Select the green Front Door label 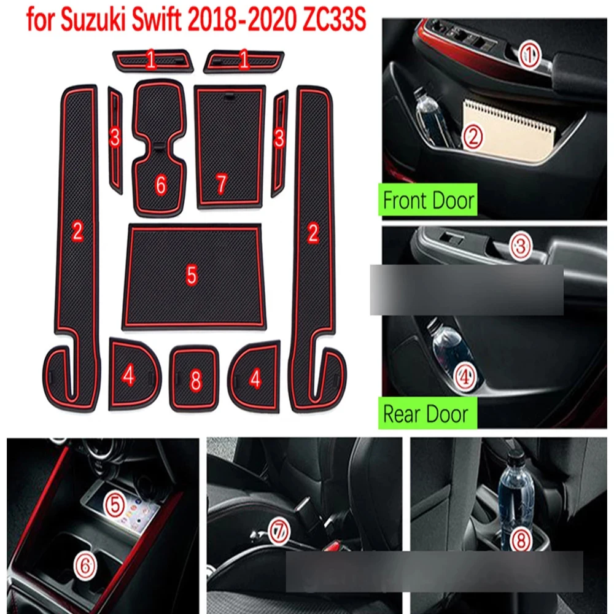[428, 201]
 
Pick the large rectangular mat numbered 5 [192, 276]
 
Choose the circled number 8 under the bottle [521, 539]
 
